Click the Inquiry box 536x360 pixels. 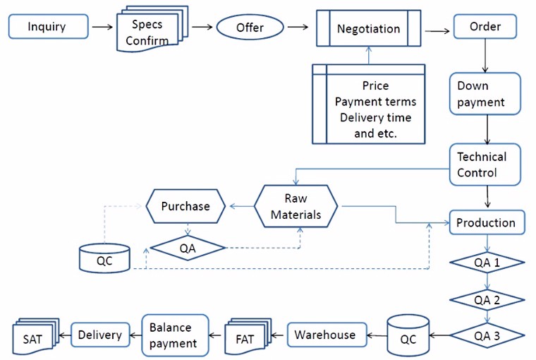(47, 28)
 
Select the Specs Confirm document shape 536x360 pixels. (150, 30)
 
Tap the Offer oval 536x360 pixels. (250, 28)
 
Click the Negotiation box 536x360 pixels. (368, 29)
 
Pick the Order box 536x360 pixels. (486, 27)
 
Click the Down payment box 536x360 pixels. (485, 94)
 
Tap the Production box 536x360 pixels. (486, 222)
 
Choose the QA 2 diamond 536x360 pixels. (487, 299)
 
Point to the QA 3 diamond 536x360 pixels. (487, 335)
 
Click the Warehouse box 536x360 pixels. (325, 335)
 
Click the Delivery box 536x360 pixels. (100, 335)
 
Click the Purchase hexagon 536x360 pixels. (185, 206)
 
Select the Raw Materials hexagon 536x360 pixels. (296, 206)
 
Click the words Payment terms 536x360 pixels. (375, 102)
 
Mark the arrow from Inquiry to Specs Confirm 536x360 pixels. (102, 28)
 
